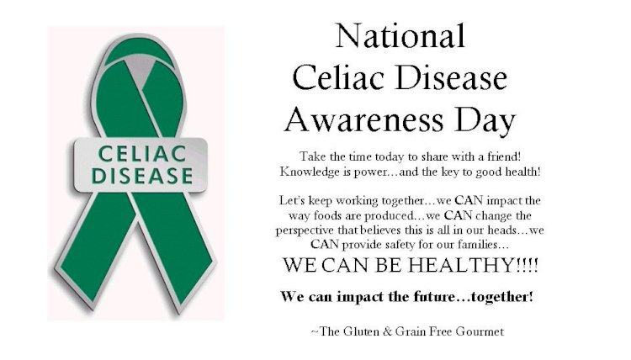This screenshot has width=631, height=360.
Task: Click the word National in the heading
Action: pyautogui.click(x=400, y=35)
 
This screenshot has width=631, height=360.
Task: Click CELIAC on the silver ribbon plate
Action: pyautogui.click(x=142, y=154)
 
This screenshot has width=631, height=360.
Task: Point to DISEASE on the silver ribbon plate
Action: pyautogui.click(x=142, y=176)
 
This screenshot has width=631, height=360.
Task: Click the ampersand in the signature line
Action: pyautogui.click(x=388, y=331)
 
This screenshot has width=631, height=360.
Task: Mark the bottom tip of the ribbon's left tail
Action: pyautogui.click(x=93, y=309)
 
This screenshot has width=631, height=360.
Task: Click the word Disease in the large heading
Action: pyautogui.click(x=452, y=78)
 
